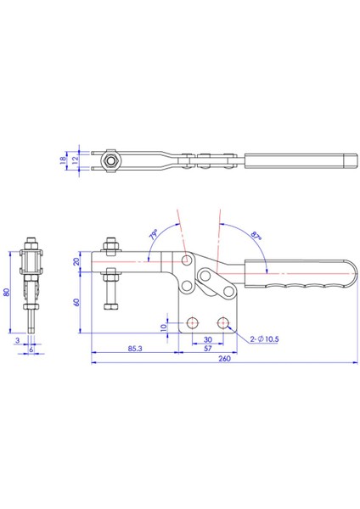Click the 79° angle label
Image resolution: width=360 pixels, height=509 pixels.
[x=154, y=232]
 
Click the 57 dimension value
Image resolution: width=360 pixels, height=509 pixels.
[x=207, y=347]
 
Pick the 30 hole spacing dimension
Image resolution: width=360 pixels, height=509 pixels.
[x=208, y=336]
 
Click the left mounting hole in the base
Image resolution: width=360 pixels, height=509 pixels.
[x=194, y=322]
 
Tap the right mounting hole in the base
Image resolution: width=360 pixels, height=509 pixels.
[x=224, y=322]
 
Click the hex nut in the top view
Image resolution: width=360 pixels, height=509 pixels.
[x=110, y=159]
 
